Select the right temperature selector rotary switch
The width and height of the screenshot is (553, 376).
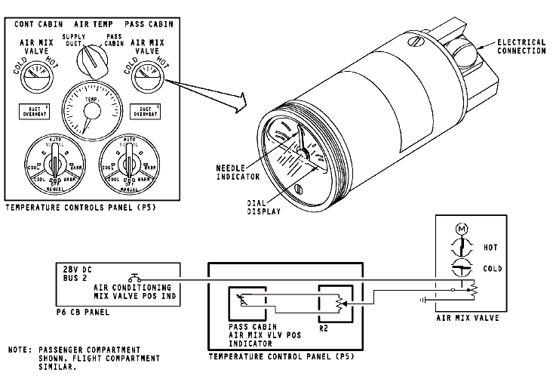[x=127, y=162]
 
